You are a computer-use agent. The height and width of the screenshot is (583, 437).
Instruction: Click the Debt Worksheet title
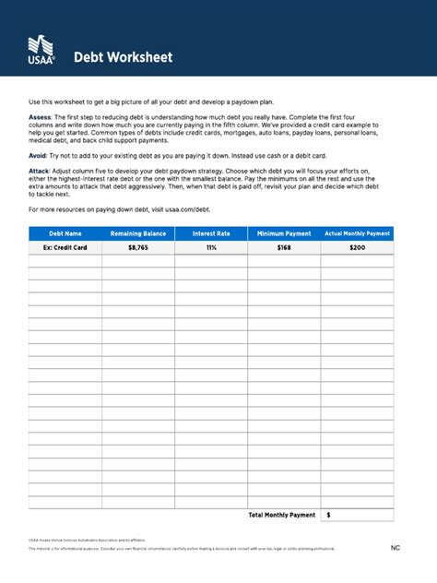(x=124, y=57)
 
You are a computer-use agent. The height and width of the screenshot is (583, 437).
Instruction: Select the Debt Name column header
(x=65, y=234)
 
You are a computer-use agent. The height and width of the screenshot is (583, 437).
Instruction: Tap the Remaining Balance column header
(x=138, y=234)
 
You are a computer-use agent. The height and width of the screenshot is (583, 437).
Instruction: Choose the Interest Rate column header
(x=211, y=234)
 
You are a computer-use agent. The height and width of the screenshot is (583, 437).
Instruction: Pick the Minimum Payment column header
(x=284, y=234)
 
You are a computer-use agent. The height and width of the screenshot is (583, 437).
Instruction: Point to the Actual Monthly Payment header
(x=358, y=234)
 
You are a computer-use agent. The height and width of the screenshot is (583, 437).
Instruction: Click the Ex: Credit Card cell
(x=65, y=248)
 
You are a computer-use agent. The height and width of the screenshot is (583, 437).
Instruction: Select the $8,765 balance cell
(x=138, y=248)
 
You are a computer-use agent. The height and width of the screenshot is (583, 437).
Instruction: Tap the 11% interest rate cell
(x=211, y=248)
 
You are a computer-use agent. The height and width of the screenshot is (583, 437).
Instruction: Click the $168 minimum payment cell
(x=284, y=248)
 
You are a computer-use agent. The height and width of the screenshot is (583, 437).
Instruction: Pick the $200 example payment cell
(x=358, y=248)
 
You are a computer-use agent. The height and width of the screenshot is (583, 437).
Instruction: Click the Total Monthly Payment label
(x=282, y=515)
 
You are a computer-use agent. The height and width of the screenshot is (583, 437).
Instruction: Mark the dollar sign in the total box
(x=329, y=515)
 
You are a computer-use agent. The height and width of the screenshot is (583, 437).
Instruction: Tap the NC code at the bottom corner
(x=396, y=549)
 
